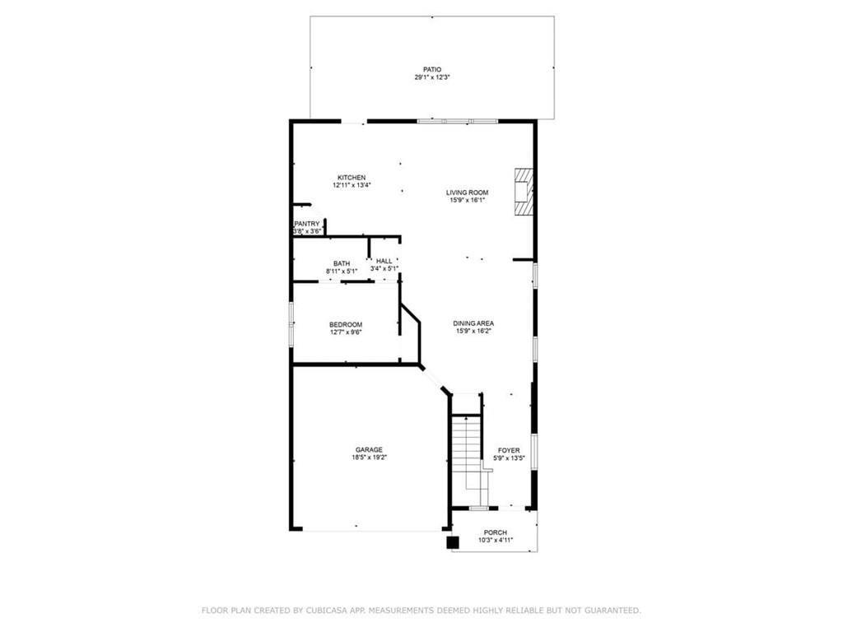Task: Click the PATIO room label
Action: (431, 69)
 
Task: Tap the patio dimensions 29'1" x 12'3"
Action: (431, 77)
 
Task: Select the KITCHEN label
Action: (352, 178)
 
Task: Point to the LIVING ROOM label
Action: (467, 193)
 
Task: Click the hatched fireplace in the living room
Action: (524, 192)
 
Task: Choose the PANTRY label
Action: (306, 224)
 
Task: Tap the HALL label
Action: (384, 261)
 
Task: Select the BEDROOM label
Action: (346, 324)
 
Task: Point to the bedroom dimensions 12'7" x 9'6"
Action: (346, 332)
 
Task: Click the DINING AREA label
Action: (473, 323)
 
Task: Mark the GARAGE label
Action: (369, 449)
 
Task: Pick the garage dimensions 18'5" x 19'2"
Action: (369, 458)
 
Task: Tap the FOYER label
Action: (509, 450)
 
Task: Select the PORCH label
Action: (495, 532)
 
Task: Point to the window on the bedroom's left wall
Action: (291, 324)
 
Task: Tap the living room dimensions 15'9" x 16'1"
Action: (467, 200)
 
